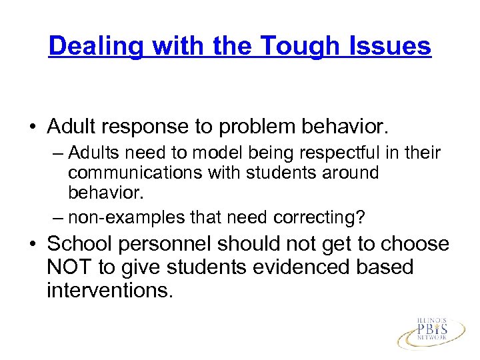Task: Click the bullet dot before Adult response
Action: [31, 126]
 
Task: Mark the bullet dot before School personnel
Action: [31, 245]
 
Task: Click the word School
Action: [83, 245]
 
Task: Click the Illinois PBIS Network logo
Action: [431, 329]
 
